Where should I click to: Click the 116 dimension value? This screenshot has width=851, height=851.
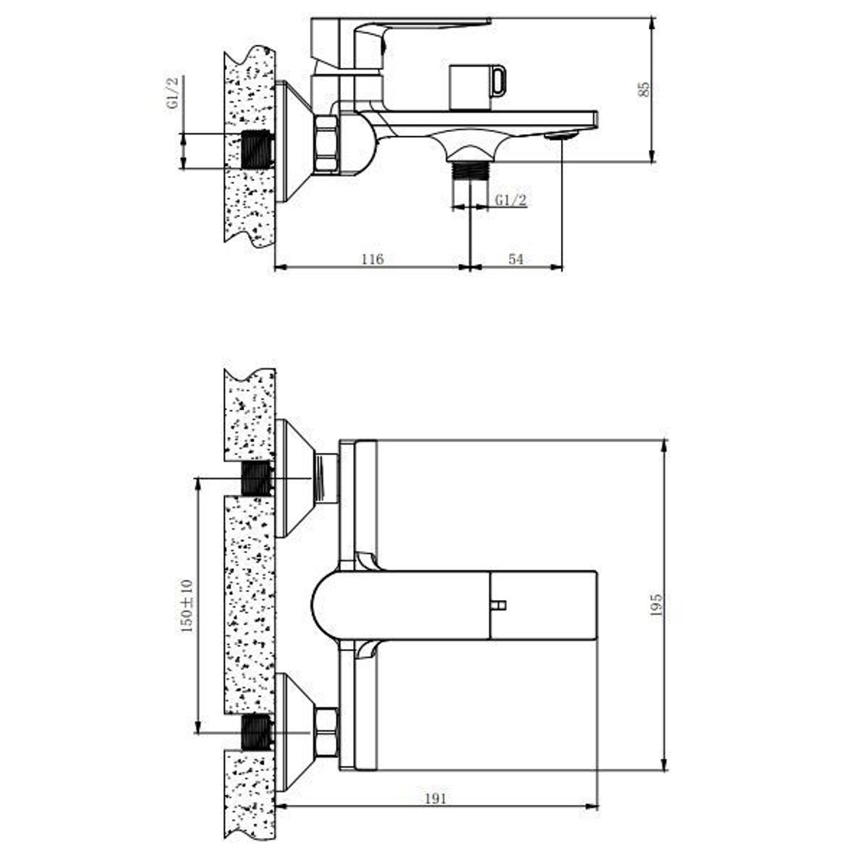tap(372, 259)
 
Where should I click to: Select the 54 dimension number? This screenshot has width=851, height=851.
tap(516, 259)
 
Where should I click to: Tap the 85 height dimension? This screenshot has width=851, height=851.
tap(644, 89)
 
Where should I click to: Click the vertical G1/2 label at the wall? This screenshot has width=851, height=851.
tap(173, 93)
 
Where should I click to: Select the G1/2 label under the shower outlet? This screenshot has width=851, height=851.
tap(511, 200)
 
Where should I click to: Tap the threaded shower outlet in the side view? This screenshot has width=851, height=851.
tap(470, 171)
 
